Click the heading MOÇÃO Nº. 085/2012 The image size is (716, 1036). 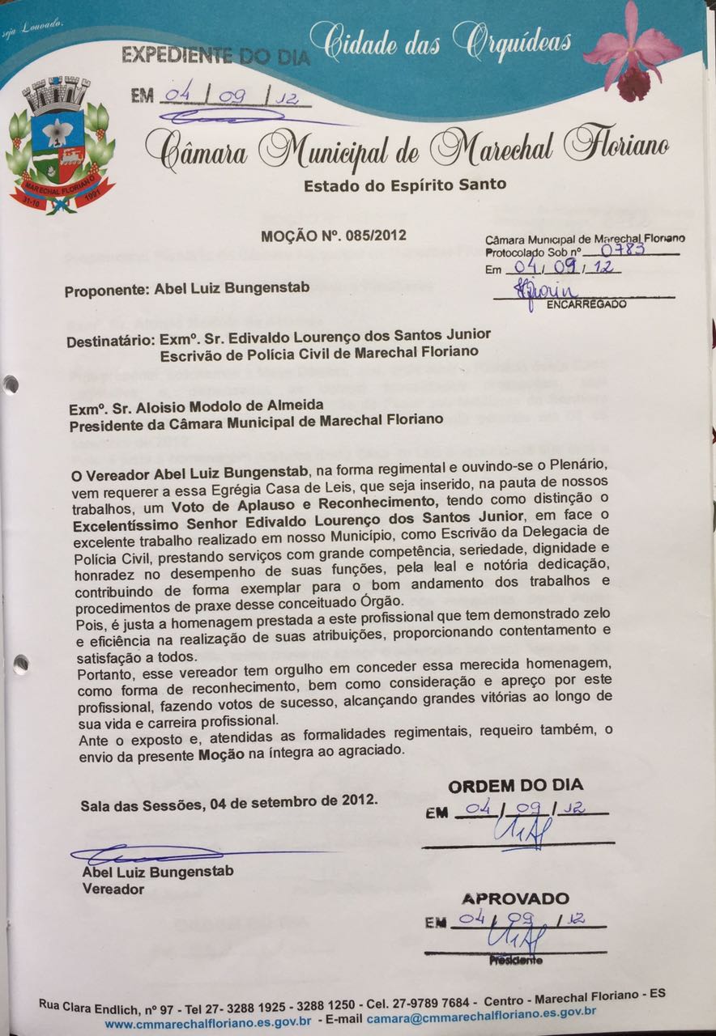[333, 236]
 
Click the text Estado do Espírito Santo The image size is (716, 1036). [404, 185]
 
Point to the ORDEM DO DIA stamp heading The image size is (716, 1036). [515, 786]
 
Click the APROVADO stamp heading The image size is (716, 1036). [515, 899]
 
